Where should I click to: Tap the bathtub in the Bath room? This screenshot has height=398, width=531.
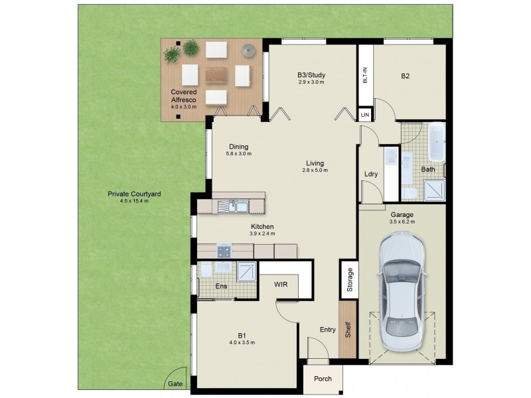(437, 142)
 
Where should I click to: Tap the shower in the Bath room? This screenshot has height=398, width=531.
(435, 189)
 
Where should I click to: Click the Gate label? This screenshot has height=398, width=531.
(175, 384)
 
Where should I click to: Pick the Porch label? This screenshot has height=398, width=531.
(323, 379)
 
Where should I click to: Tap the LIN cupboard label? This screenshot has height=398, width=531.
(364, 115)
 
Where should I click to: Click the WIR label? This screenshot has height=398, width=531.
(281, 284)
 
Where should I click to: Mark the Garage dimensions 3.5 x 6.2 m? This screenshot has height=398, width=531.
(402, 222)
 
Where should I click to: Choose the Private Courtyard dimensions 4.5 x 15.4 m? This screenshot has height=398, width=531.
(129, 201)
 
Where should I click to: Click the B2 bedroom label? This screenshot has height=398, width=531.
(405, 76)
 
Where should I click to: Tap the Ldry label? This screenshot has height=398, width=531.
(371, 174)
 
